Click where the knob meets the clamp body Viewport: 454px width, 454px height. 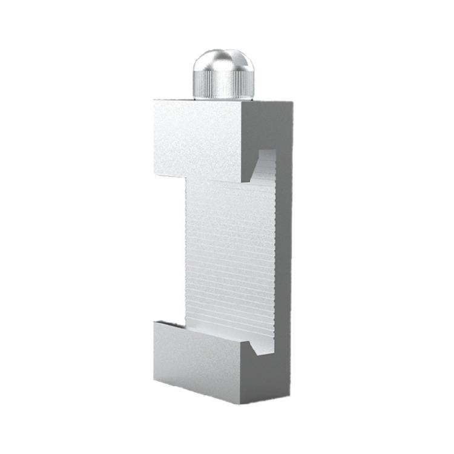tap(223, 98)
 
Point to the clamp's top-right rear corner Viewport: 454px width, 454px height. tap(292, 102)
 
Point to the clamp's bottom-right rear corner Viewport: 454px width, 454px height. tap(292, 387)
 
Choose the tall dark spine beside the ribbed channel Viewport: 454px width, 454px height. tap(285, 254)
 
